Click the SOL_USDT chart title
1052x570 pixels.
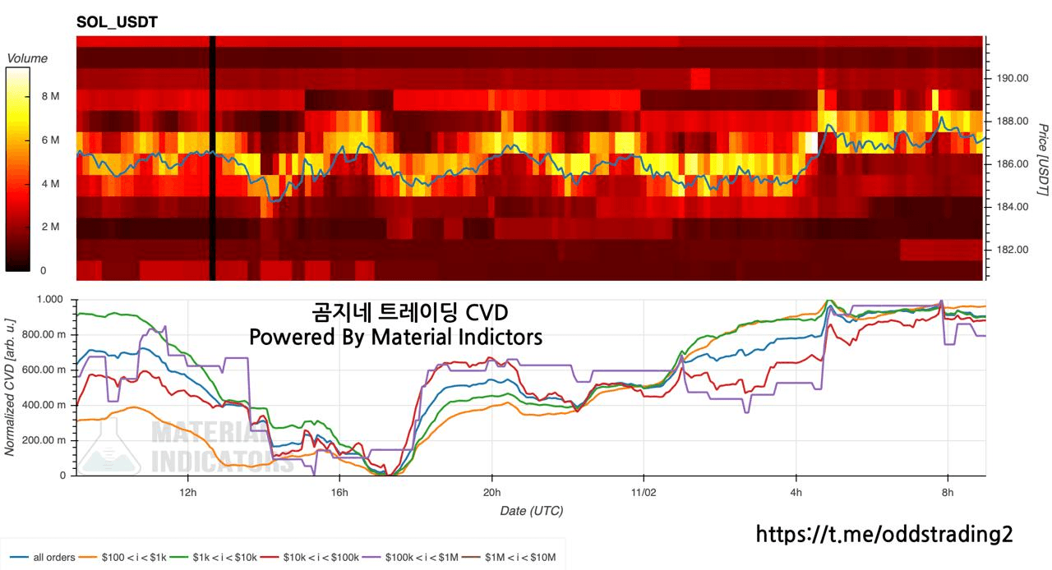click(117, 22)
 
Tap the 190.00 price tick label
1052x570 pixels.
click(1012, 79)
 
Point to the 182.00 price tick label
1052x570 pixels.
click(1012, 250)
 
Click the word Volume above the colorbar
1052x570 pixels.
click(27, 58)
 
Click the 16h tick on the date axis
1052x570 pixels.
click(339, 492)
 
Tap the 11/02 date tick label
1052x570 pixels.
click(643, 492)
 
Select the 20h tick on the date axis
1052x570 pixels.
click(491, 492)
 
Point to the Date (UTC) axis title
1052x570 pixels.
click(531, 511)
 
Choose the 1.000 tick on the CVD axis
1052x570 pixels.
click(50, 300)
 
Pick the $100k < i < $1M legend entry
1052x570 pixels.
click(419, 558)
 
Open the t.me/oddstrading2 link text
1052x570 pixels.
click(884, 535)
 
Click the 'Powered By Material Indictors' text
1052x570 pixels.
click(395, 337)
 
